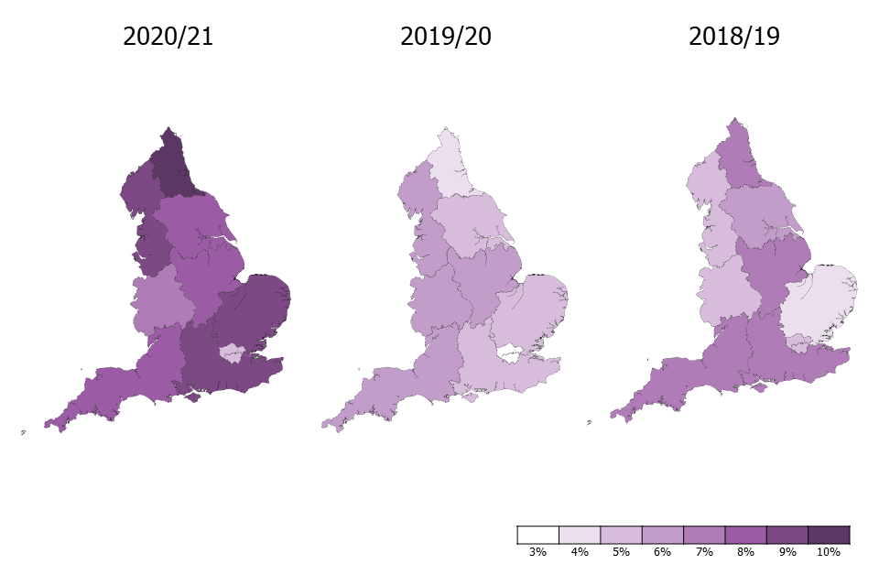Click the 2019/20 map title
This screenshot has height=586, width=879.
[446, 38]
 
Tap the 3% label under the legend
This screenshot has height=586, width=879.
[537, 552]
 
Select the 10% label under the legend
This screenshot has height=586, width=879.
[829, 552]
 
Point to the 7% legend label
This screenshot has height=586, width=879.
[704, 552]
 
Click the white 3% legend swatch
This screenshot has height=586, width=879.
[537, 535]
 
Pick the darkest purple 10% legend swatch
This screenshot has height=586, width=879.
[829, 535]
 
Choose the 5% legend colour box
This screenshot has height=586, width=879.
[621, 535]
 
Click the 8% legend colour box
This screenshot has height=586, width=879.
[745, 535]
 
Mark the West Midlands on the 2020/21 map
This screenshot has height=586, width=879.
[160, 302]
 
